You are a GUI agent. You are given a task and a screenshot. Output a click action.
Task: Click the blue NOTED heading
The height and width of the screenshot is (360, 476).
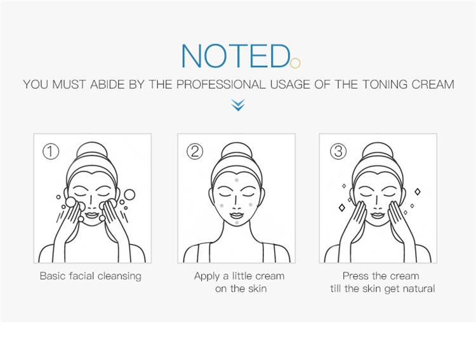coord(235,56)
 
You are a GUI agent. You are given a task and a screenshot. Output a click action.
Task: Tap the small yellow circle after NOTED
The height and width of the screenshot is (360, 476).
coord(295,63)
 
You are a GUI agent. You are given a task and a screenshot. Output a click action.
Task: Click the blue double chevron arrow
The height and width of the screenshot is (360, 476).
coord(238,105)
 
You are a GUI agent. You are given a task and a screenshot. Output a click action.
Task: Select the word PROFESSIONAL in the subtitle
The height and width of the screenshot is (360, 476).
coord(221,84)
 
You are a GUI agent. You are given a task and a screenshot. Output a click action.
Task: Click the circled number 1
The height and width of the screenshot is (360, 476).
coord(51,152)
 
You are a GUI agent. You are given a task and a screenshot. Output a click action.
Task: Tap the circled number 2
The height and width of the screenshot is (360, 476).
coord(195,152)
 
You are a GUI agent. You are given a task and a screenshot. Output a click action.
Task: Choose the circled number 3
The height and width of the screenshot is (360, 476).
coord(338,152)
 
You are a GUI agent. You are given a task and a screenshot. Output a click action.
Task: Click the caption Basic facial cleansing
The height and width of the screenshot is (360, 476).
coord(91,276)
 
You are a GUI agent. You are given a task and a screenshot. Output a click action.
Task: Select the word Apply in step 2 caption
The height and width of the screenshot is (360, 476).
coord(206,276)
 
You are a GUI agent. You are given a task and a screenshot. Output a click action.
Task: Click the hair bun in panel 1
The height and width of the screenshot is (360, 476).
coord(93,150)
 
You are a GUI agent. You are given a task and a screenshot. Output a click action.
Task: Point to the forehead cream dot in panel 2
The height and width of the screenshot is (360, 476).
coord(237,180)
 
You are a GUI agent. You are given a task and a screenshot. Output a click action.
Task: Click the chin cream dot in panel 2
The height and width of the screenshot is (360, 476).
coord(237,223)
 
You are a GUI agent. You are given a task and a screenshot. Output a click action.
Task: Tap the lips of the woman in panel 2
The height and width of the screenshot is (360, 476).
coord(237,215)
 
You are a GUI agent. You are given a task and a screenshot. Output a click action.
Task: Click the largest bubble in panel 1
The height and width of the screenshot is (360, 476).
coord(129,195)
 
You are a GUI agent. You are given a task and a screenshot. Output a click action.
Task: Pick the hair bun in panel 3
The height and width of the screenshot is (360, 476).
coord(378,150)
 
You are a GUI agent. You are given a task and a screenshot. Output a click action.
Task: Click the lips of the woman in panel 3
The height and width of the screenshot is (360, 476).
coord(378,215)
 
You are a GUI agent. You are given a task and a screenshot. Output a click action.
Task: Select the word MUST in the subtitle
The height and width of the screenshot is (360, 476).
coord(69,84)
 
